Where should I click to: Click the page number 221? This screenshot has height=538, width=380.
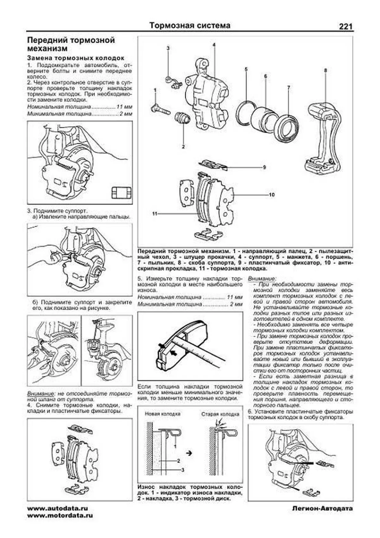click(345, 27)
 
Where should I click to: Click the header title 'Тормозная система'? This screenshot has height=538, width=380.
click(190, 25)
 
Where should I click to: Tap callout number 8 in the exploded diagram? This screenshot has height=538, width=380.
click(325, 70)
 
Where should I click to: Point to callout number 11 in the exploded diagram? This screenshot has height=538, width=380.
click(155, 214)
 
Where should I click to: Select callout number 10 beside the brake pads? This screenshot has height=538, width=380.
click(272, 195)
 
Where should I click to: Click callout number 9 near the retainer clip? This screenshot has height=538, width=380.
click(264, 167)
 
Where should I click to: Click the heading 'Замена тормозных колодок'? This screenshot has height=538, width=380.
click(76, 58)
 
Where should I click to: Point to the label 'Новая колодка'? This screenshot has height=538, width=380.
click(162, 414)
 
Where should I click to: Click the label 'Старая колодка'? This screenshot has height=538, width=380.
click(220, 414)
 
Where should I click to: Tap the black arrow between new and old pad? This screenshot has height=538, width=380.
click(189, 453)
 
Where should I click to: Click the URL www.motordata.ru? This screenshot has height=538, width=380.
click(60, 515)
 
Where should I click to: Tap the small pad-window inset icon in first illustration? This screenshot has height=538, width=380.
click(121, 193)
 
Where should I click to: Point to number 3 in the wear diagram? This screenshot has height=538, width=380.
click(183, 470)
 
